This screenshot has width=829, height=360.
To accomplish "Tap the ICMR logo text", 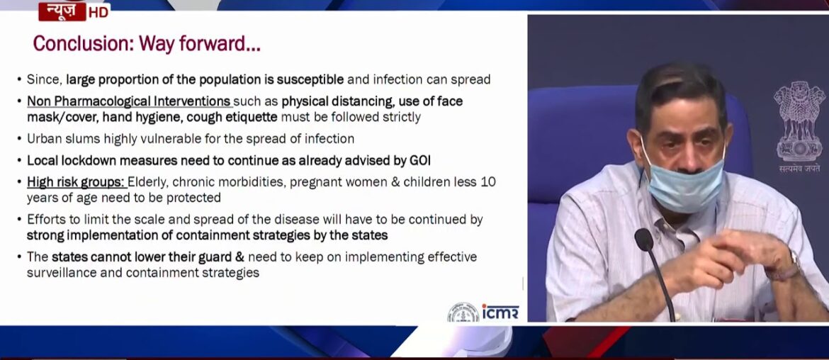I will (x=500, y=312).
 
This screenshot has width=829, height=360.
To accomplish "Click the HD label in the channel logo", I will (x=98, y=11).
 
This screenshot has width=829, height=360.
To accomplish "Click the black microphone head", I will (x=644, y=240).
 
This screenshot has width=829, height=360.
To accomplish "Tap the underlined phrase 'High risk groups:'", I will (x=76, y=182).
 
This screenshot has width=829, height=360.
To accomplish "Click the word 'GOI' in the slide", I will (x=419, y=160).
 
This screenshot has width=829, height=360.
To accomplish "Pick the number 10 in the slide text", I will (x=488, y=182).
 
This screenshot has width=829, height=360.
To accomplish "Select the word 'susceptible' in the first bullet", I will (x=310, y=79).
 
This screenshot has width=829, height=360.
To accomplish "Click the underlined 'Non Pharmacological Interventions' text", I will (x=129, y=101).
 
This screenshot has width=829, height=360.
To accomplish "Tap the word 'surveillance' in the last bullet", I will (x=62, y=272).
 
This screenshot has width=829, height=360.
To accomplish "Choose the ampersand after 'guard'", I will (x=239, y=257).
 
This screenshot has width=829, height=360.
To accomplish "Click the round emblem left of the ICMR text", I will (x=463, y=313).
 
